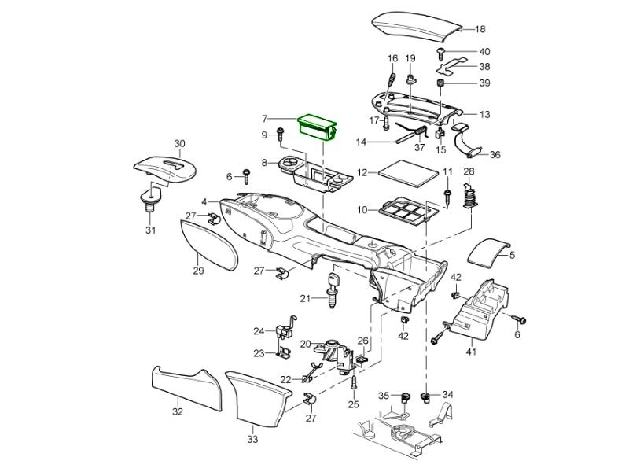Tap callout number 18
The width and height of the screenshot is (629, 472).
pyautogui.click(x=480, y=29)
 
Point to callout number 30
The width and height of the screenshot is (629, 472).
pyautogui.click(x=180, y=144)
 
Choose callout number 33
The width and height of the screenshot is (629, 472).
pyautogui.click(x=252, y=439)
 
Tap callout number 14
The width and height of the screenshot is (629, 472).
pyautogui.click(x=361, y=142)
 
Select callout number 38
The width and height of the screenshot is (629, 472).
pyautogui.click(x=484, y=67)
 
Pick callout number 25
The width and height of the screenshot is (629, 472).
pyautogui.click(x=353, y=404)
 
